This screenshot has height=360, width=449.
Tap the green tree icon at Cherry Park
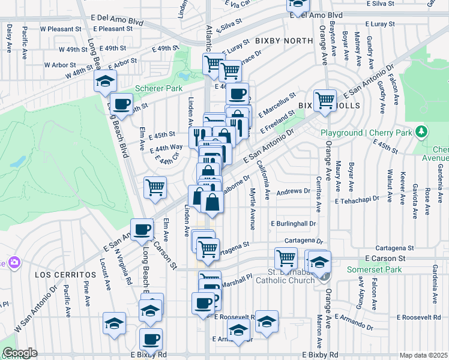click(423, 131)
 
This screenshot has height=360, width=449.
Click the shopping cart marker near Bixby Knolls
click(325, 100)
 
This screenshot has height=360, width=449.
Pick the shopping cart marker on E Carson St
click(286, 258)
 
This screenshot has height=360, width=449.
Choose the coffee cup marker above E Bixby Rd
click(151, 338)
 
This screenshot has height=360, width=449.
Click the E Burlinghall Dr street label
click(293, 223)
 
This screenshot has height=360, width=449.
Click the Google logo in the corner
click(20, 353)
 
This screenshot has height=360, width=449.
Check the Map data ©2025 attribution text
click(423, 355)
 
